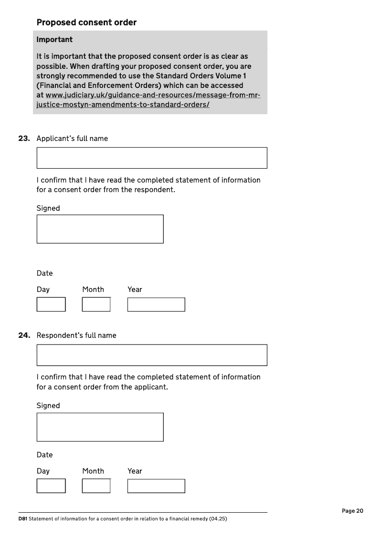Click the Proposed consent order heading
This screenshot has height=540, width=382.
(x=86, y=22)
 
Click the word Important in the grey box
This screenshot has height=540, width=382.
(x=54, y=39)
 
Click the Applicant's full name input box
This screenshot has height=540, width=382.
(x=152, y=158)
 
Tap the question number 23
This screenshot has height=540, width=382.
(x=24, y=139)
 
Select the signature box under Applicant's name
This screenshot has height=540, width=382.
(x=100, y=229)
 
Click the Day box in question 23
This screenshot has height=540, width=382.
(x=51, y=304)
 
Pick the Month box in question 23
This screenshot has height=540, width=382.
(x=96, y=304)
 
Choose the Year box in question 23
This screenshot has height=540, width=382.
(x=156, y=304)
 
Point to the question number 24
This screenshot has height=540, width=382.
(x=24, y=335)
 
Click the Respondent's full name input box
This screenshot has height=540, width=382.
(x=152, y=355)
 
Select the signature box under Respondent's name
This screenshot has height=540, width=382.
(x=100, y=427)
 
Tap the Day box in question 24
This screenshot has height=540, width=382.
(x=51, y=486)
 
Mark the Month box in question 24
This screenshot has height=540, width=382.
(x=96, y=486)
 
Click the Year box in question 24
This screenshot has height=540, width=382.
(x=156, y=486)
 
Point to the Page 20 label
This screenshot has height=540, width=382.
(x=352, y=511)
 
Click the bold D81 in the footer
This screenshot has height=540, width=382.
(x=23, y=519)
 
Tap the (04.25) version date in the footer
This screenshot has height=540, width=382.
(x=218, y=519)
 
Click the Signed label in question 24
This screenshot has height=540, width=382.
(x=48, y=406)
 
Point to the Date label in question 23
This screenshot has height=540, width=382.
(x=44, y=273)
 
